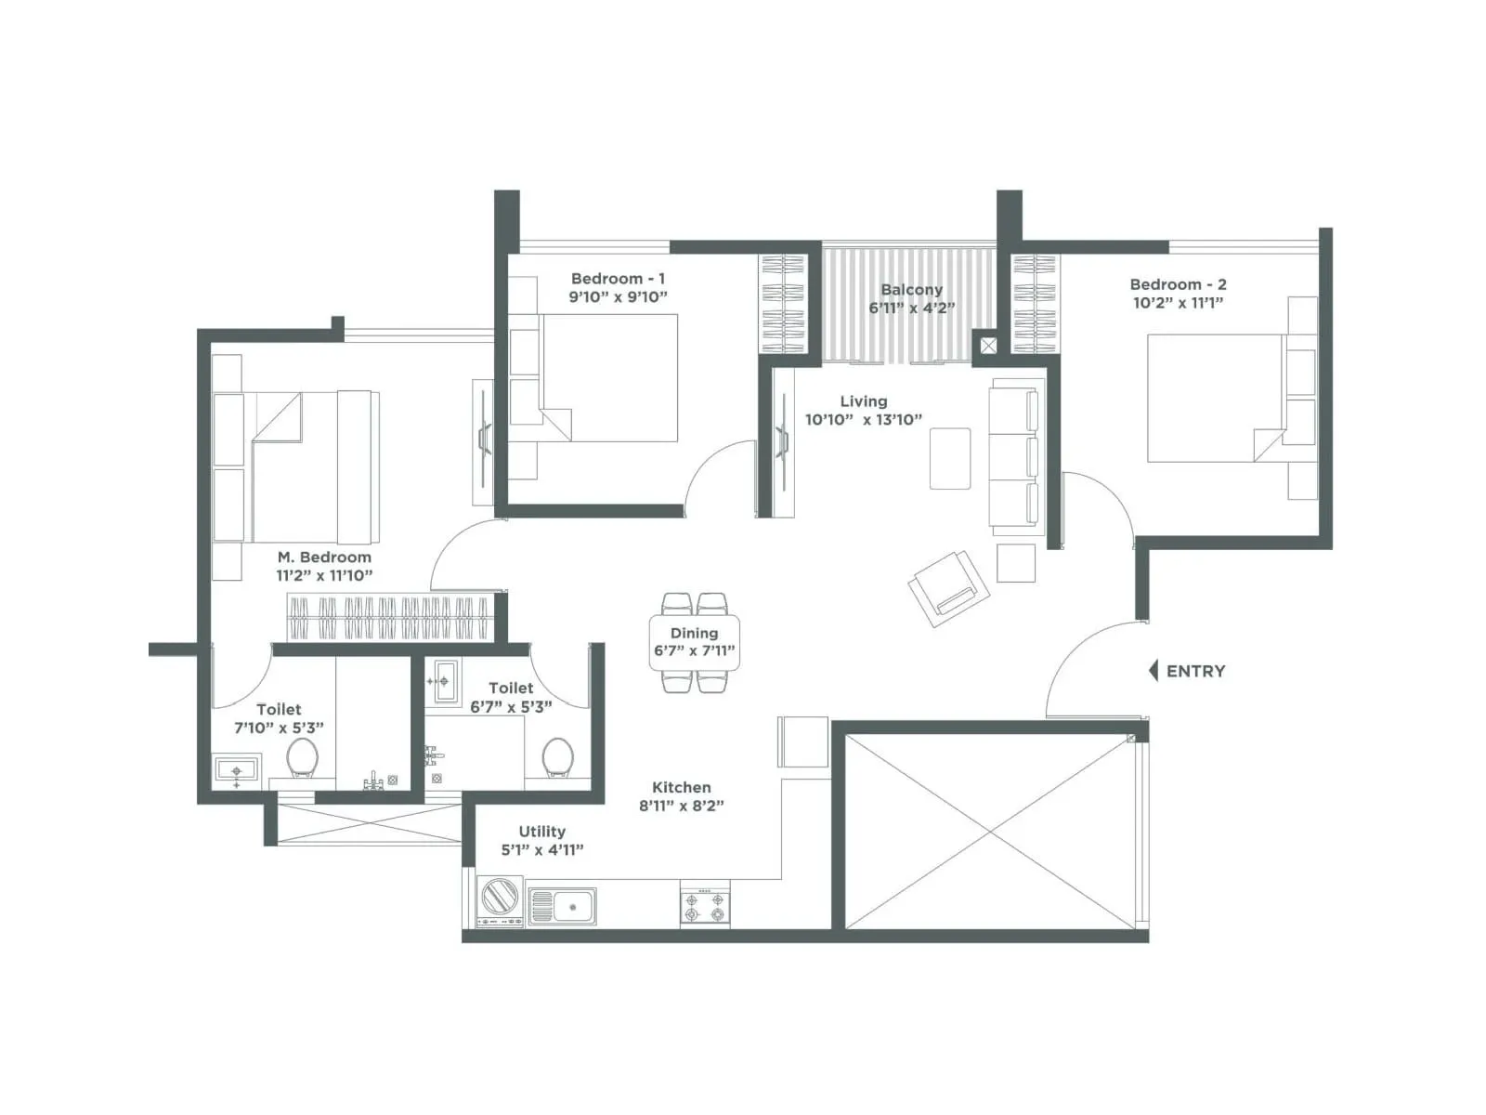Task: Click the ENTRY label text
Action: click(1195, 671)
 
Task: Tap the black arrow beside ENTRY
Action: click(1154, 670)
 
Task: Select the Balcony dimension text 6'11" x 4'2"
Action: click(912, 308)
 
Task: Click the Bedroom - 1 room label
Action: click(618, 279)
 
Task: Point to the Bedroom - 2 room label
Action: click(1178, 284)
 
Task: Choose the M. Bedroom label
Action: click(324, 557)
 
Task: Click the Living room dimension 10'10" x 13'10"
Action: click(863, 419)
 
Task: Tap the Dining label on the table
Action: click(694, 633)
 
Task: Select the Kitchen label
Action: click(681, 787)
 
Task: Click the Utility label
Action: click(541, 832)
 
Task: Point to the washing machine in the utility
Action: click(499, 899)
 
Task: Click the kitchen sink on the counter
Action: click(562, 904)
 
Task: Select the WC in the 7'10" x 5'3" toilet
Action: click(302, 757)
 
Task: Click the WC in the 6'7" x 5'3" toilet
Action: click(557, 756)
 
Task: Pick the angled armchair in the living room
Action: click(947, 587)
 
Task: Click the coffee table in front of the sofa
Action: click(950, 458)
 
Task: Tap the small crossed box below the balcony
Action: click(987, 346)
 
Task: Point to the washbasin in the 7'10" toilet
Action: click(236, 770)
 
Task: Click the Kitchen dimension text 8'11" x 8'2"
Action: click(681, 806)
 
